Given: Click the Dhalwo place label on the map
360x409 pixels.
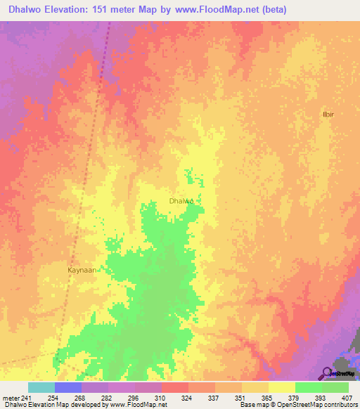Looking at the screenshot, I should [181, 200].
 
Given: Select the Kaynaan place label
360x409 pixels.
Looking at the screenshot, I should [82, 269].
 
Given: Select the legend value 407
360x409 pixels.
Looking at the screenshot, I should [349, 398].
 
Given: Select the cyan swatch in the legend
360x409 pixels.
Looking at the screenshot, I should [41, 387].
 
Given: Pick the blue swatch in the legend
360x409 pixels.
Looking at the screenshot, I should [68, 387].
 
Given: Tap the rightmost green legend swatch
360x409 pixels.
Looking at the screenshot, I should [335, 387].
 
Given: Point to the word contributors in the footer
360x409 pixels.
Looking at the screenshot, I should [340, 405].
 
